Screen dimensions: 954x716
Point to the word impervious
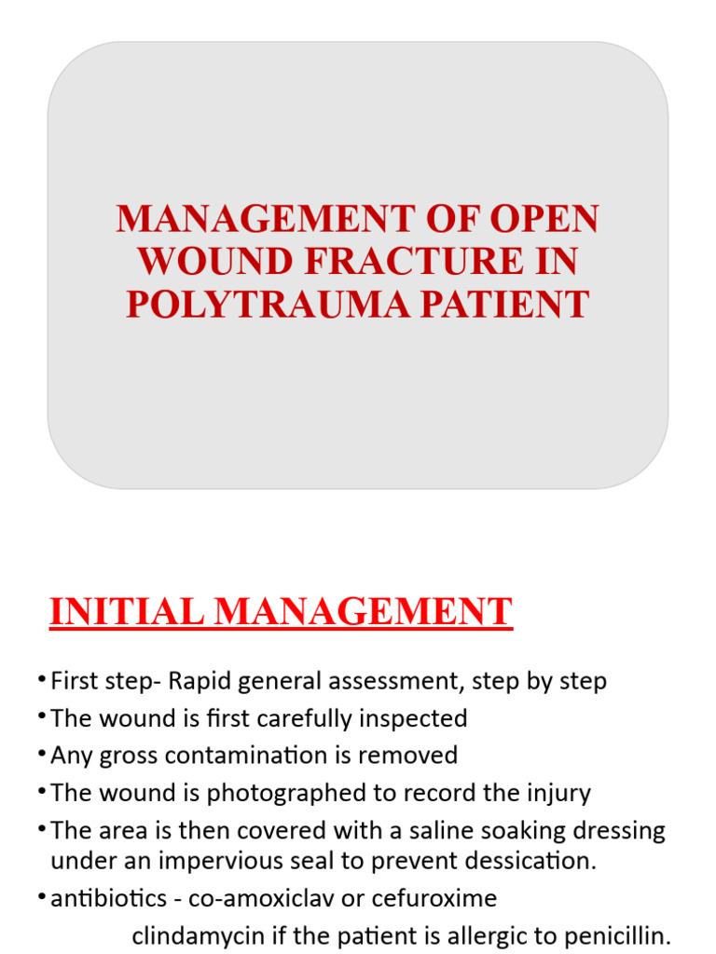point(209,860)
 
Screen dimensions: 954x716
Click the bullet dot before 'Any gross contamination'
point(43,753)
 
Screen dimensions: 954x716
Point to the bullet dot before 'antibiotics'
point(43,896)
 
